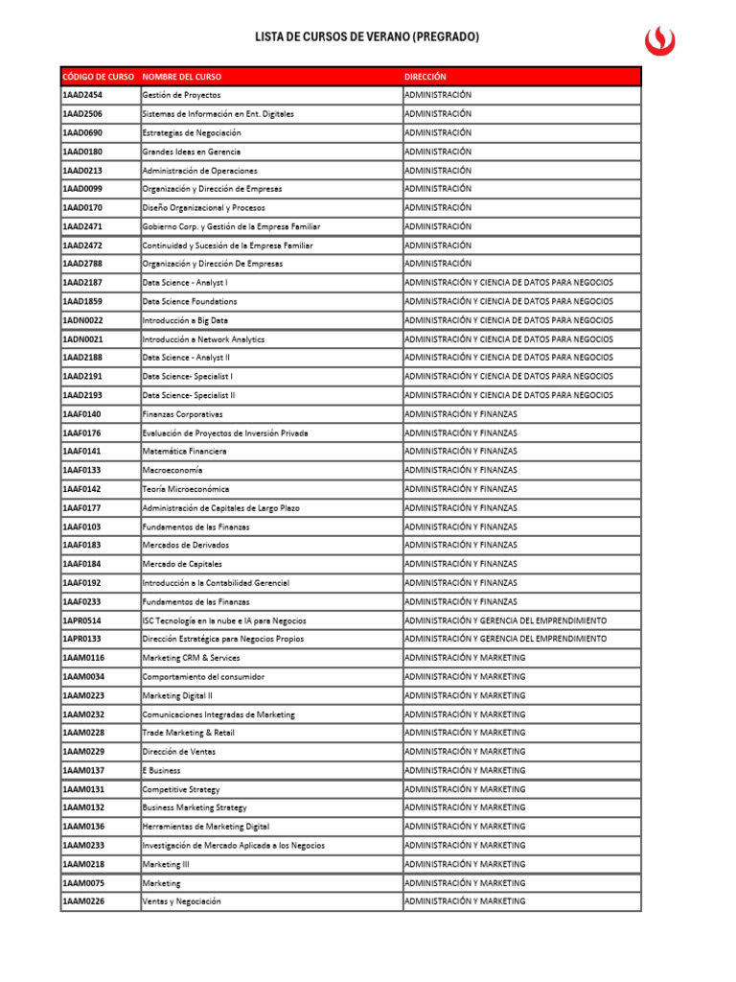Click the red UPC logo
tap(659, 38)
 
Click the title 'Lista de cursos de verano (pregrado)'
tap(367, 37)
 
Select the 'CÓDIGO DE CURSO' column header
tap(99, 77)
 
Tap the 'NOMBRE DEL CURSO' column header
tap(181, 77)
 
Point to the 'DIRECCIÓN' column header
tap(425, 77)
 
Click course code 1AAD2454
tap(82, 95)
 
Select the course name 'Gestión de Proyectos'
tap(181, 95)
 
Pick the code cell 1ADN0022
tap(83, 320)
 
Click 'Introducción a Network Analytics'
tap(203, 339)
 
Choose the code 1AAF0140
tap(82, 414)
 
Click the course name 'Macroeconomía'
tap(172, 471)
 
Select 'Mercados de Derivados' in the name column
tap(186, 546)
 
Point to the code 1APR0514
tap(82, 620)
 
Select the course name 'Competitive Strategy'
tap(181, 789)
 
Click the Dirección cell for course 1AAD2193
tap(509, 395)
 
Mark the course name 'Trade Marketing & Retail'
tap(188, 733)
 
